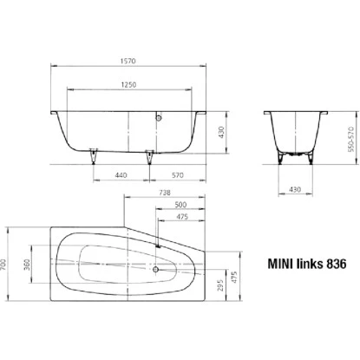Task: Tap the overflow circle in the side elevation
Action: (x=159, y=115)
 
